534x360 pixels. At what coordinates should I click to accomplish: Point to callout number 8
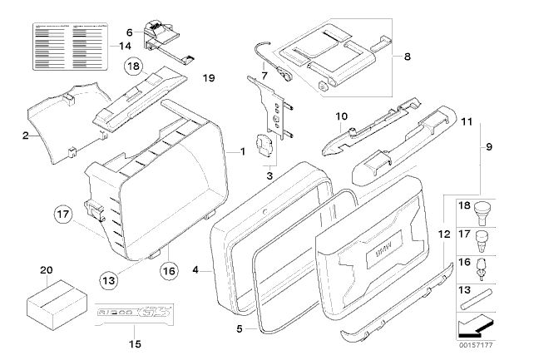407,59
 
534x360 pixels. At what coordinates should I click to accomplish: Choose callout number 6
129,32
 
